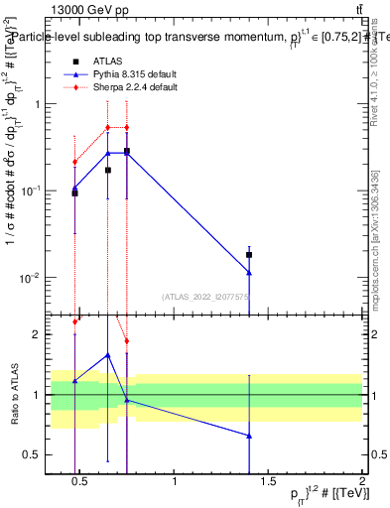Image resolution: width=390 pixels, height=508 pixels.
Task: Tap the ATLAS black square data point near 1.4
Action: pos(249,255)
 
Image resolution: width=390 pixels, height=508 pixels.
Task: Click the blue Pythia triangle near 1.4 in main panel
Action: pos(249,272)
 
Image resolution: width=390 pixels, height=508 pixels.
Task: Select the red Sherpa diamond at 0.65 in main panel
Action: pos(108,127)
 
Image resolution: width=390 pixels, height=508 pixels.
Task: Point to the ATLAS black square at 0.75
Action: pos(127,151)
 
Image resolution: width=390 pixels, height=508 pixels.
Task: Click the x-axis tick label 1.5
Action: pos(269,482)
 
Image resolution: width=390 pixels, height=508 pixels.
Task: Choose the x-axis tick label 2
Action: pos(361,482)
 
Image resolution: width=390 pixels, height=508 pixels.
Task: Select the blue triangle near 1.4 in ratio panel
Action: pos(249,436)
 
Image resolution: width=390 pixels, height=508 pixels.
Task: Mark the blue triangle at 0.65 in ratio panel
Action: pos(108,354)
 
